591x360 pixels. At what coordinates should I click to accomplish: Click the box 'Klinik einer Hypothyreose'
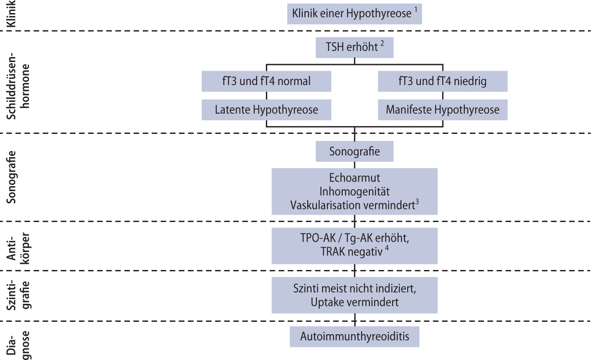pos(355,14)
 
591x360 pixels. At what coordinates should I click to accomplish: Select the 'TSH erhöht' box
pos(355,47)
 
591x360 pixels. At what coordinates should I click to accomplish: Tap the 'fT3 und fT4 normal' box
pos(266,81)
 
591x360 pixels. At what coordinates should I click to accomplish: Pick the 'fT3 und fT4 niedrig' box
pos(442,81)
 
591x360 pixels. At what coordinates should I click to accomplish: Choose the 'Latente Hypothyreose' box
pos(266,110)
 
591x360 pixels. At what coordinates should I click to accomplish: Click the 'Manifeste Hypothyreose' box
pos(442,110)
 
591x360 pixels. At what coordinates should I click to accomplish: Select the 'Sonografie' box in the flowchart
pos(355,151)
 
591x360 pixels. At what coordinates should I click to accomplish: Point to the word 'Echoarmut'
pos(355,178)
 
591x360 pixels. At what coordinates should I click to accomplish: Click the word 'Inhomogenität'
pos(355,191)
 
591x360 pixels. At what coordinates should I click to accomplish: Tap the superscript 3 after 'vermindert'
pos(417,202)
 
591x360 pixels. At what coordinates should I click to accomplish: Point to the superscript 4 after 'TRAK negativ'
pos(387,248)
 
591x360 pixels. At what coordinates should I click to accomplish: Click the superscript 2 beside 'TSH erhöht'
pos(382,43)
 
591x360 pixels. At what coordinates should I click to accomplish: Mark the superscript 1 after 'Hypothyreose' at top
pos(416,10)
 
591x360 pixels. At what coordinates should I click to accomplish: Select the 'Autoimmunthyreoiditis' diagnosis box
pos(355,336)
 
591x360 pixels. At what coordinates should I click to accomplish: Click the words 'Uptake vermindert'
pos(355,302)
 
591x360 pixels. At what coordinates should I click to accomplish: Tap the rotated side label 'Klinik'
pos(11,14)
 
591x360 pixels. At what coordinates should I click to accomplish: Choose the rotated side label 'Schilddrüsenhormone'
pos(18,86)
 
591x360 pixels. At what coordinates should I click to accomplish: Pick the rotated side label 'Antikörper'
pos(18,248)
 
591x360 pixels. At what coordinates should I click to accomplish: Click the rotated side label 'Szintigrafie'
pos(18,295)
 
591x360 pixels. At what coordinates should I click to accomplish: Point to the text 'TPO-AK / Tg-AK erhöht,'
pos(355,238)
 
